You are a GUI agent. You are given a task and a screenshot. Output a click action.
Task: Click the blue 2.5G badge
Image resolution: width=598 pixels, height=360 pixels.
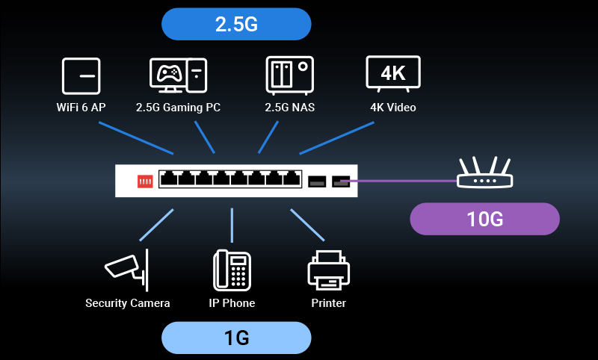(236, 24)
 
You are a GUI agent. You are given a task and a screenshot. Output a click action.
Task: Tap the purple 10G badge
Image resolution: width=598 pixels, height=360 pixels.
(484, 219)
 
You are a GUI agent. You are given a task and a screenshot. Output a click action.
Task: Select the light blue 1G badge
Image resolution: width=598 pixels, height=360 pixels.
(236, 338)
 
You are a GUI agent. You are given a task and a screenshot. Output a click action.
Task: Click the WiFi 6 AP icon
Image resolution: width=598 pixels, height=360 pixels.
(81, 76)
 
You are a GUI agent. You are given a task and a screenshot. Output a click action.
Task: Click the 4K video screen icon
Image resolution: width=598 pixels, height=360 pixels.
(392, 75)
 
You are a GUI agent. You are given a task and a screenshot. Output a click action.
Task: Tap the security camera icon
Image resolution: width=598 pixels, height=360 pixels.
(126, 270)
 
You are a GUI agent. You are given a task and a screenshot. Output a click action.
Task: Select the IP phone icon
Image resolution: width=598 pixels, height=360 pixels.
(232, 270)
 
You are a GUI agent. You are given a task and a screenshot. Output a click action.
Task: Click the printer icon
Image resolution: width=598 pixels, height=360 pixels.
(328, 270)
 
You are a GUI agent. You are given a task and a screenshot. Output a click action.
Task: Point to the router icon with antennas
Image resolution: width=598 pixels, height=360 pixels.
(484, 175)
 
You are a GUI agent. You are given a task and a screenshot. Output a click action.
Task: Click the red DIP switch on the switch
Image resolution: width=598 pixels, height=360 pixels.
(144, 181)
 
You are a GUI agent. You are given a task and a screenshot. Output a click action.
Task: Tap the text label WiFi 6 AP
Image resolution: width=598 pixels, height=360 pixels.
(81, 108)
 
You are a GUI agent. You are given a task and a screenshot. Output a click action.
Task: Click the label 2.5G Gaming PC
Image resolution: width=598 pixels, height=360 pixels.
(178, 108)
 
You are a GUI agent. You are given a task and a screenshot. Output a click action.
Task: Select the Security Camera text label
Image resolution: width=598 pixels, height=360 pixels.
(127, 303)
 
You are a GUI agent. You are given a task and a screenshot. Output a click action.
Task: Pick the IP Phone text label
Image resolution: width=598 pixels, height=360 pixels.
(232, 303)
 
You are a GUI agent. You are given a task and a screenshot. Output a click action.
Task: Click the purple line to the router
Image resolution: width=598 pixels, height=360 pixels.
(404, 181)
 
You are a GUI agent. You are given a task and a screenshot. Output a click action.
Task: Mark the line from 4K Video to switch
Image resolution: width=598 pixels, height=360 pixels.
(336, 137)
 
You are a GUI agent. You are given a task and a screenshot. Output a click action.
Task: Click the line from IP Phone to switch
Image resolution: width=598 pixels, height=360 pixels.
(232, 226)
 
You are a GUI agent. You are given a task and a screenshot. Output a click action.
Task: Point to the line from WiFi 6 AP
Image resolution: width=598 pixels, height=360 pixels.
(135, 137)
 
